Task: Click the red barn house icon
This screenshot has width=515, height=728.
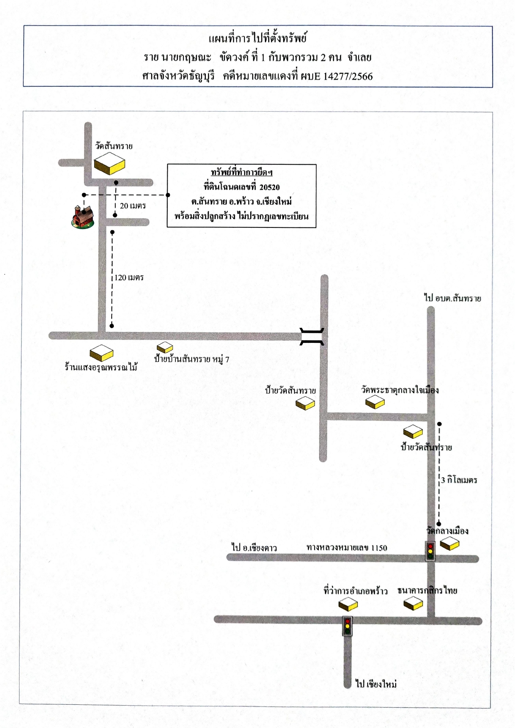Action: coord(83,216)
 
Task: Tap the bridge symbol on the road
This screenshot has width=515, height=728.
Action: coord(312,337)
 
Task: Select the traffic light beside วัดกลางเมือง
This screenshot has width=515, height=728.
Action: coord(430,551)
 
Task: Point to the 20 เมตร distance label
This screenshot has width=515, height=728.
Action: coord(133,205)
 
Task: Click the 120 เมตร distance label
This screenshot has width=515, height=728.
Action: coord(129,277)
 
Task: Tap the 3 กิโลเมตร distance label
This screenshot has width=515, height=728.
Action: coord(459,480)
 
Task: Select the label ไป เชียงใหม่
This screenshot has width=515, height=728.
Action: coord(376,684)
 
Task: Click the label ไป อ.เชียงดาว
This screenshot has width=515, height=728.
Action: coord(254,547)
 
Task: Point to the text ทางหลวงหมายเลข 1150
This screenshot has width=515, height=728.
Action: coord(347,547)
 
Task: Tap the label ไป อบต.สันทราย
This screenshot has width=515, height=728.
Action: coord(452,298)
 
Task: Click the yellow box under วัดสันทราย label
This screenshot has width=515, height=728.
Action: coord(110,164)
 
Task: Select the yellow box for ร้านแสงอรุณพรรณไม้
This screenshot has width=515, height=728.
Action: coord(102,353)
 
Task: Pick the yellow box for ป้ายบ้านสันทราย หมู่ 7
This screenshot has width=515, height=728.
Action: coord(165,347)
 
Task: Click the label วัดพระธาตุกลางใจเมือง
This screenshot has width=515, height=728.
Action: coord(400,390)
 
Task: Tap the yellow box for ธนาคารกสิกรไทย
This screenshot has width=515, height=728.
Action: coord(413,603)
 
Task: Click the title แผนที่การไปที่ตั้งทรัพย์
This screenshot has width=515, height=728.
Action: coord(258,39)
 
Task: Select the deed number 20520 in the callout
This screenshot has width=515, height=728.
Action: coord(270,187)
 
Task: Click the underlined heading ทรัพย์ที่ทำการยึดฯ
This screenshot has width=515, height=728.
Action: coord(242,172)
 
